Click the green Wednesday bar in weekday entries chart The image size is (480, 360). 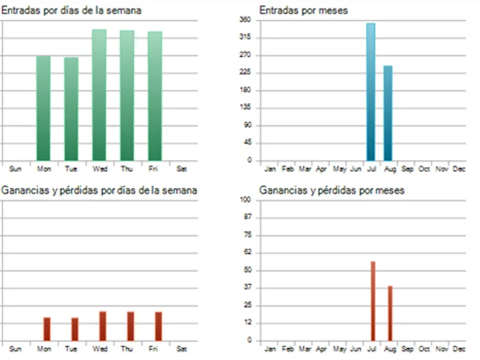pos(99,95)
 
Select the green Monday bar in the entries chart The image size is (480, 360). pos(43,109)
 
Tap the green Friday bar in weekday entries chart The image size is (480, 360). pos(155,96)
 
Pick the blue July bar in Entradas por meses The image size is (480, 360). pos(371,92)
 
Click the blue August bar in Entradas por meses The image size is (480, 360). pos(388,113)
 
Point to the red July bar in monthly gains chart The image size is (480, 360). pos(373,301)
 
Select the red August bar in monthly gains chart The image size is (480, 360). pos(390,313)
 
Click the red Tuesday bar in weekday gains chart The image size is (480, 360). pos(74,329)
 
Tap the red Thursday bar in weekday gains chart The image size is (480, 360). pos(130,326)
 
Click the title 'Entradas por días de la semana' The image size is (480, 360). pos(71,10)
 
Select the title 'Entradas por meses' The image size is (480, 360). pos(304,10)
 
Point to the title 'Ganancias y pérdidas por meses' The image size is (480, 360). pos(332,190)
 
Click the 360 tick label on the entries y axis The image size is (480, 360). pos(245,20)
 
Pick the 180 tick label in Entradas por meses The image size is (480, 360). pos(245,90)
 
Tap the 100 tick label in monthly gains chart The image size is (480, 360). pos(245,200)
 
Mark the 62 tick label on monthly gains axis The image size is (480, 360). pos(247,252)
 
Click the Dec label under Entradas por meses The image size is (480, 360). pos(459,169)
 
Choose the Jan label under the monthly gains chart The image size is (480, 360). pos(270,349)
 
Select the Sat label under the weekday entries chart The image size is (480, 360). pos(182,169)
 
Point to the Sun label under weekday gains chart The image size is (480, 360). pos(16,349)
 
